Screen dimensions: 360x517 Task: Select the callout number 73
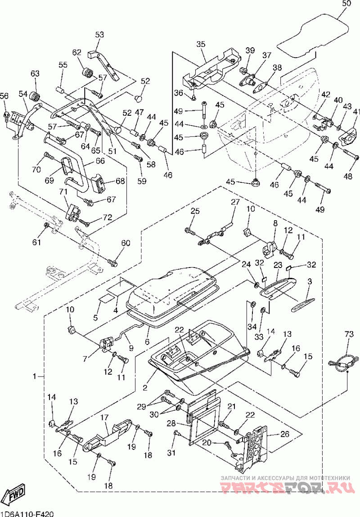point(350,334)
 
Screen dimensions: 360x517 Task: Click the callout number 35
point(201,44)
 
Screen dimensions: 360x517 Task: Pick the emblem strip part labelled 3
point(303,304)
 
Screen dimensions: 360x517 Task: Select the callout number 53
point(99,34)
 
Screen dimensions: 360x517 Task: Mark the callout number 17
point(104,417)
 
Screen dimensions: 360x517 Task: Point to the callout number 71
point(63,191)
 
